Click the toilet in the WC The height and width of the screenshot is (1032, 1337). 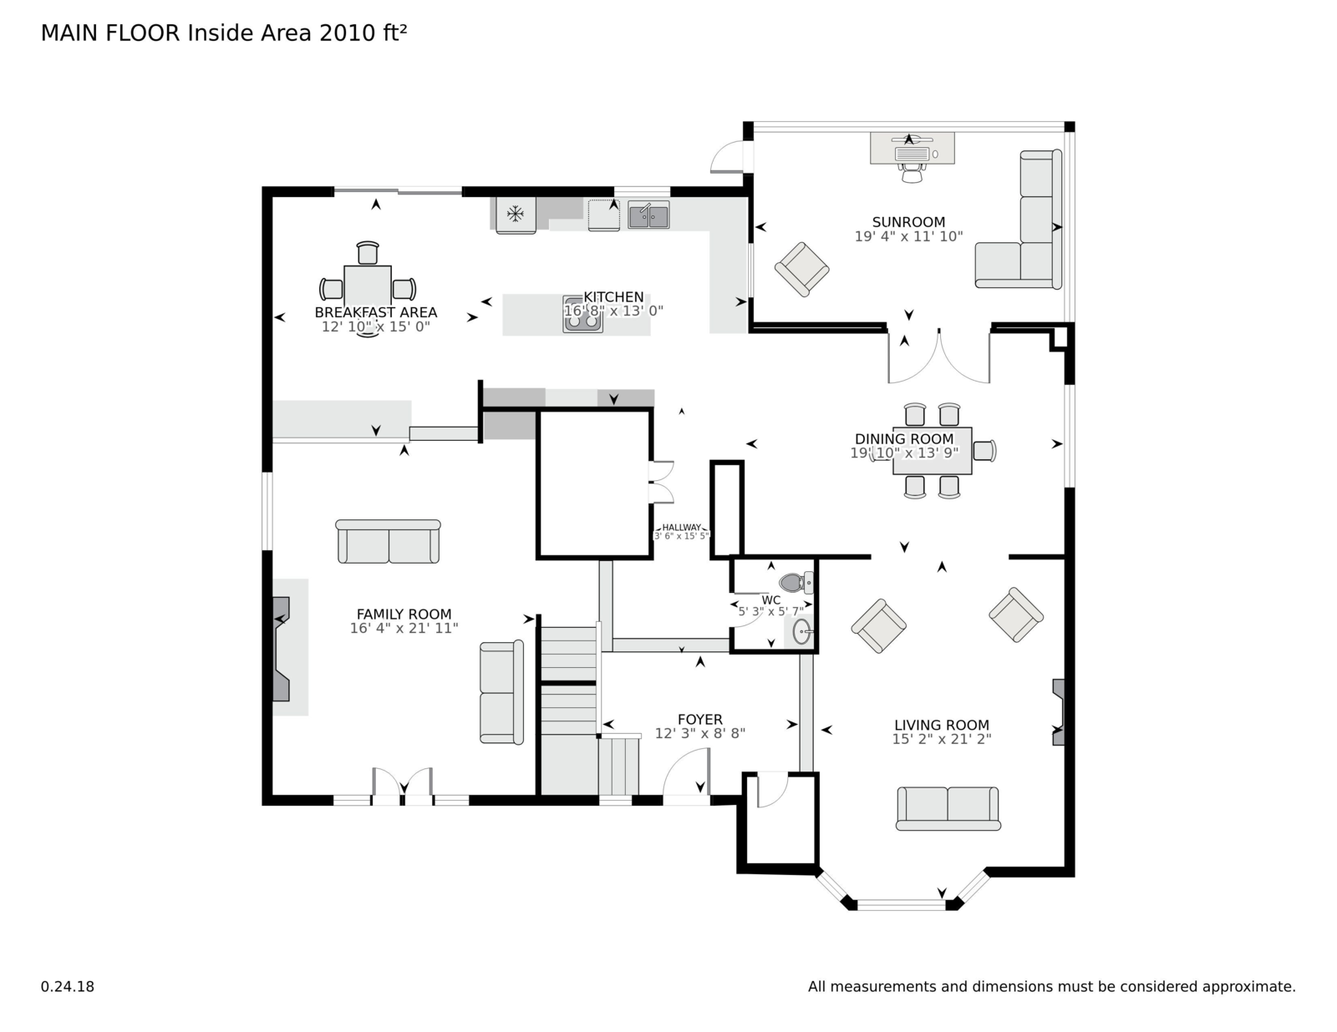click(x=796, y=582)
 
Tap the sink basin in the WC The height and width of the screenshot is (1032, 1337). click(x=801, y=631)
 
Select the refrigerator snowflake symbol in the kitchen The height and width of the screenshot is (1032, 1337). click(x=515, y=214)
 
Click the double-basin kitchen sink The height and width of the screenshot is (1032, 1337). click(x=648, y=215)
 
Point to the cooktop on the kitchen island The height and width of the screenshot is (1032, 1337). click(x=582, y=315)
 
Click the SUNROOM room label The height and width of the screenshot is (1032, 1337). click(x=908, y=222)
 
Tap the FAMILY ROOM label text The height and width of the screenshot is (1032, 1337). click(x=404, y=614)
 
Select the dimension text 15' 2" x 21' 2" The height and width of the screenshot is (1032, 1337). click(x=942, y=739)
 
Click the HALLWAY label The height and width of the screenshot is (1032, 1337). click(x=681, y=528)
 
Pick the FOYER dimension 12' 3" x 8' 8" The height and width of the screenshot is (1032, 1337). click(x=700, y=733)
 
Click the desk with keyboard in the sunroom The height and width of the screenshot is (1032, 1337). click(x=912, y=148)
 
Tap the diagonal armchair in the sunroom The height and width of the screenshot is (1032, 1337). click(x=801, y=269)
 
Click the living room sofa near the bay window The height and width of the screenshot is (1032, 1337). click(x=948, y=808)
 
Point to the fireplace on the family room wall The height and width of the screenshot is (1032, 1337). click(x=281, y=649)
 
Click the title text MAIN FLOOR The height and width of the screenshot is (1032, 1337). click(x=110, y=33)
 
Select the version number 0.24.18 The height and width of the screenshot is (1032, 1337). click(x=68, y=987)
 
